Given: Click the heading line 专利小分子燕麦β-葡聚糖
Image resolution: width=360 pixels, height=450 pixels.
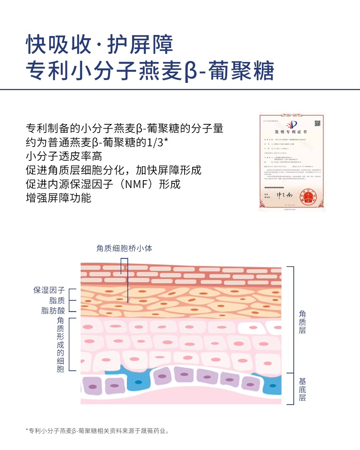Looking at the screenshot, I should [x=150, y=71].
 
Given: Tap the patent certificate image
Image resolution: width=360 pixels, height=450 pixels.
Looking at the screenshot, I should [x=292, y=162].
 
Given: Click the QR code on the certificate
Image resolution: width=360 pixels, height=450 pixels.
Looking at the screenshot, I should [x=318, y=124].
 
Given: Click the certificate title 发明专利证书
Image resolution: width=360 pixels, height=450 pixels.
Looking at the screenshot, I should [x=291, y=132].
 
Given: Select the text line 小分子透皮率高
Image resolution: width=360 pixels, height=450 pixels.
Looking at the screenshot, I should [x=64, y=156].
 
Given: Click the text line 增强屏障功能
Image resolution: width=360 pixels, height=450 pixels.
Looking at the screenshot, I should [x=59, y=198].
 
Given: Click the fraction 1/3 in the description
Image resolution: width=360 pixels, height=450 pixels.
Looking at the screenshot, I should [x=155, y=142].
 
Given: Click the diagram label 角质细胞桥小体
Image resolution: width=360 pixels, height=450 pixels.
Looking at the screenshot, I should [x=124, y=248].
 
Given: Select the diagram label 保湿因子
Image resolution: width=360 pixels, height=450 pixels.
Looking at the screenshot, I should [x=49, y=290].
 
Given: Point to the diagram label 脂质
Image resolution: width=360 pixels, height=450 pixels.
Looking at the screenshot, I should [x=57, y=300].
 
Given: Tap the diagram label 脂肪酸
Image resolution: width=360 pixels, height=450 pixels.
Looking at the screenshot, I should [x=53, y=311].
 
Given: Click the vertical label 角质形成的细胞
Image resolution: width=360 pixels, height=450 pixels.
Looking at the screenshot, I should [x=60, y=344].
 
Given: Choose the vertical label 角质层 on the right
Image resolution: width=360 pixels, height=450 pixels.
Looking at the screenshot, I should [x=302, y=322].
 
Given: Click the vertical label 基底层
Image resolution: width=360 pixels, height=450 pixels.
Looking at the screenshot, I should [x=302, y=389].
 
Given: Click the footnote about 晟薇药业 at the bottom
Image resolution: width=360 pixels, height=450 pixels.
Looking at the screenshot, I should [x=98, y=431].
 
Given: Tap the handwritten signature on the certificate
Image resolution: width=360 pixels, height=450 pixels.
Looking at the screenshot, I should [x=284, y=195].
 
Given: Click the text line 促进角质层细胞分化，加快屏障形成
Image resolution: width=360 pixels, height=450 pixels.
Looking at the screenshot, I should [x=113, y=170].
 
